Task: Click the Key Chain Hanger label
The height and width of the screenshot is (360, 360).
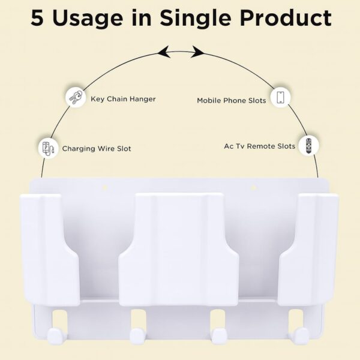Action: point(123,99)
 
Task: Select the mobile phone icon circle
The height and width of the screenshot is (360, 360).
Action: point(280,97)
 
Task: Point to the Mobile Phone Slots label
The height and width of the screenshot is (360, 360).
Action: point(231,100)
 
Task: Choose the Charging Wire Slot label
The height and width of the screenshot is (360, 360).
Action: point(97,148)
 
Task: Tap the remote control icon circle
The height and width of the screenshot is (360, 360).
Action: point(308,145)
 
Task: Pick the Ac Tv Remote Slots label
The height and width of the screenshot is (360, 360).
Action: point(259,146)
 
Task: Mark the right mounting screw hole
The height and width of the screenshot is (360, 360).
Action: point(253,188)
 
